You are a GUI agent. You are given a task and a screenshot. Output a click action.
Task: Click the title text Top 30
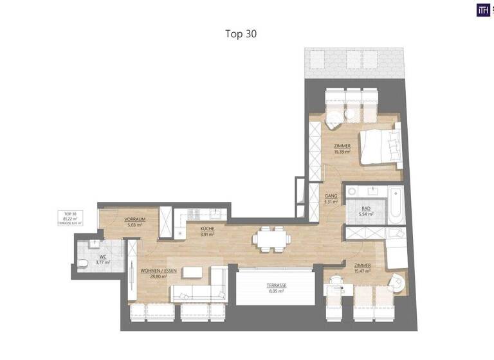(241, 33)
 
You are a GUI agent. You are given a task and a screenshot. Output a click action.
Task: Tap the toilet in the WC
(84, 264)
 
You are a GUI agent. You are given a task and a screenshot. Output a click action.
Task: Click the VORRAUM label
(135, 219)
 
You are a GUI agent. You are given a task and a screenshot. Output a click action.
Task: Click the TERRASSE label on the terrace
(277, 285)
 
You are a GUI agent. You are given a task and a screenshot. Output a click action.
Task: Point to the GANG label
(331, 195)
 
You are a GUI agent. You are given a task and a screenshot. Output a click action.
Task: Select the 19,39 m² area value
(342, 152)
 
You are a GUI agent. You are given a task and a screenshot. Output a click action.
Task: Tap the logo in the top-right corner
(483, 10)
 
